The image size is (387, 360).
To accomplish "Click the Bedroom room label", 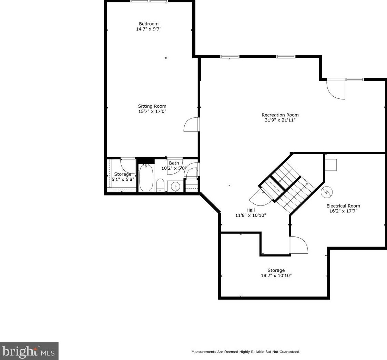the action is click(149, 24).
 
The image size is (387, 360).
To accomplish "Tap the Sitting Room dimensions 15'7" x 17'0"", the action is click(152, 112).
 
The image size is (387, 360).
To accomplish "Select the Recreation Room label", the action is click(280, 115).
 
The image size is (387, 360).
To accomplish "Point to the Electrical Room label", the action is click(343, 206).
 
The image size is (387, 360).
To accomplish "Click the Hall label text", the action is click(251, 210).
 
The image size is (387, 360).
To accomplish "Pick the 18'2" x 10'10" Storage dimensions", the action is click(276, 276).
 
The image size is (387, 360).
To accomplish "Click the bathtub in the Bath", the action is click(146, 178).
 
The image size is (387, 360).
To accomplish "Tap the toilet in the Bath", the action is click(160, 185).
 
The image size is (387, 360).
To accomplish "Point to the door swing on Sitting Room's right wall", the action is click(191, 125).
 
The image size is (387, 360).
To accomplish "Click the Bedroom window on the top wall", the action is click(149, 1).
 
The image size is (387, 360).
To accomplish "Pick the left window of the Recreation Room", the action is click(230, 57).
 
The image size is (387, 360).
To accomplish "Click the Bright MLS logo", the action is click(29, 351).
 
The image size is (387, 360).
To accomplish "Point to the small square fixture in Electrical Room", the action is click(331, 165).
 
